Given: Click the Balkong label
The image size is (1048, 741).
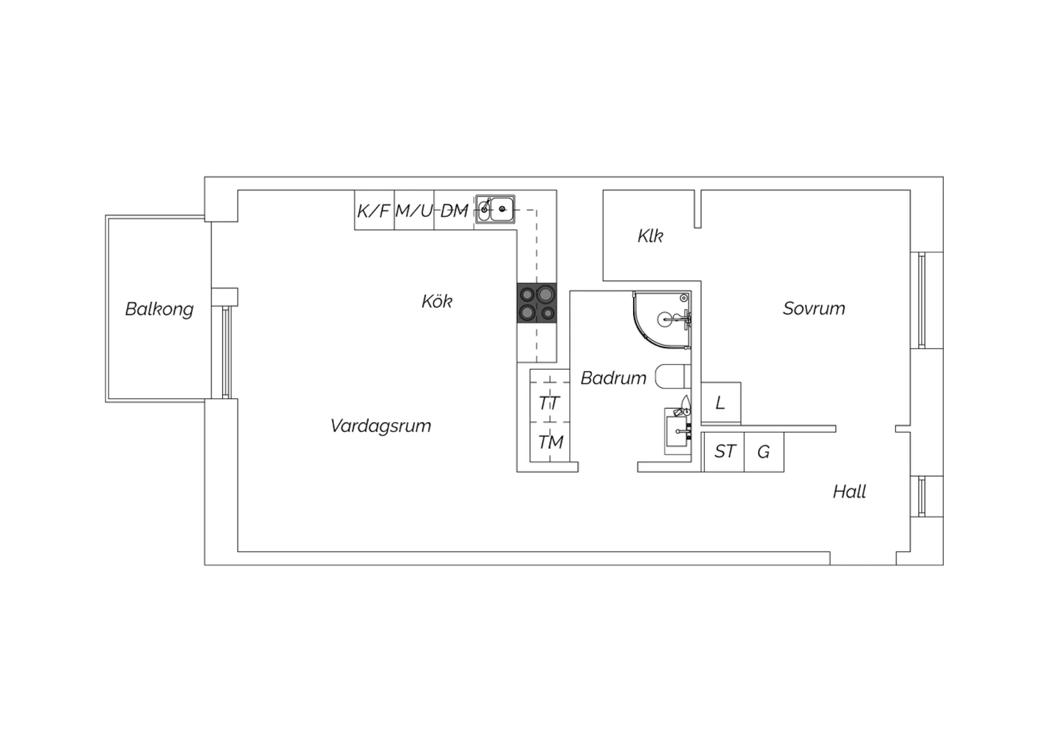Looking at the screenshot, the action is [159, 310].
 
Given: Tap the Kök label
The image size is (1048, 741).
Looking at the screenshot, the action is [437, 301].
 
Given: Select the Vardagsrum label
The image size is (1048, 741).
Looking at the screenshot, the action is [380, 426].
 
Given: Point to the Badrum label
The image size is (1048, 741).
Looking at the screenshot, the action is [613, 377].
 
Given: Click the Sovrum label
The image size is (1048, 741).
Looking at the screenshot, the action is [814, 308].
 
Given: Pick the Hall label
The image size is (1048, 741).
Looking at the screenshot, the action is [849, 491].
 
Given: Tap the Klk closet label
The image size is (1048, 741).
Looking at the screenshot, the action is [650, 236].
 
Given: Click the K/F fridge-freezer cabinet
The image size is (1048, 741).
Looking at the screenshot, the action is [374, 210].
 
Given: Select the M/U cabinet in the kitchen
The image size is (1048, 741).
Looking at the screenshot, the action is [414, 210].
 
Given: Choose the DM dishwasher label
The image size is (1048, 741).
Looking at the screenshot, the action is [454, 210].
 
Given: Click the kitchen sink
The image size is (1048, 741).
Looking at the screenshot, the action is [495, 209].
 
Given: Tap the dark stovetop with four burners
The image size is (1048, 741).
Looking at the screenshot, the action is [537, 303].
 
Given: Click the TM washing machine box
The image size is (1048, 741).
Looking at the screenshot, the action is [550, 442].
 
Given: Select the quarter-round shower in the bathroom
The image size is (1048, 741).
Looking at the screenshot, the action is [662, 320].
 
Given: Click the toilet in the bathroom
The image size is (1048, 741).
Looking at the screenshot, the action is [673, 376].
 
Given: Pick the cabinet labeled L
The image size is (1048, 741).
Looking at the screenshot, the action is [721, 403].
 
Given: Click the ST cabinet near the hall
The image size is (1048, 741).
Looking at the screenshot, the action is [724, 452].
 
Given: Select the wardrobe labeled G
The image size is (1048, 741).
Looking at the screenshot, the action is [764, 452].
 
